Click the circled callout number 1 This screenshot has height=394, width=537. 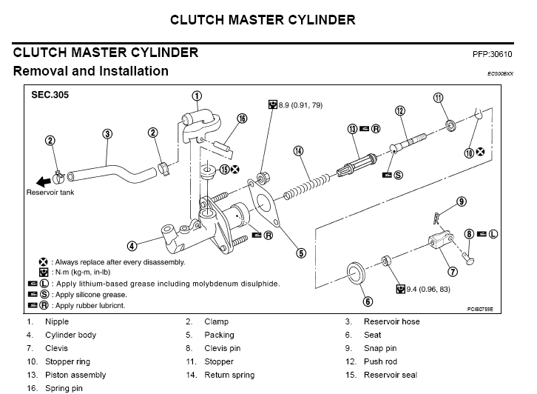coord(197,96)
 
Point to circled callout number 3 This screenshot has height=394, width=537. coord(107,134)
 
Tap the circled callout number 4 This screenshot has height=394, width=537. coord(132,246)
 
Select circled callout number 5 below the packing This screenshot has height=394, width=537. coord(301,253)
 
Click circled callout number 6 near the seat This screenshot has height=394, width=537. coord(368,301)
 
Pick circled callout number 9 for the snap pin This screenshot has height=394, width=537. coord(461,201)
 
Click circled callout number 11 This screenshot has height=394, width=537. coord(438,98)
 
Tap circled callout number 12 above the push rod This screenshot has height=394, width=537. coord(400,111)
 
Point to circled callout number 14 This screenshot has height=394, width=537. coord(298,151)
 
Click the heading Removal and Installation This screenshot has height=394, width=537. coord(90,72)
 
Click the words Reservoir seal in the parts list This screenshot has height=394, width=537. coord(390,375)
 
